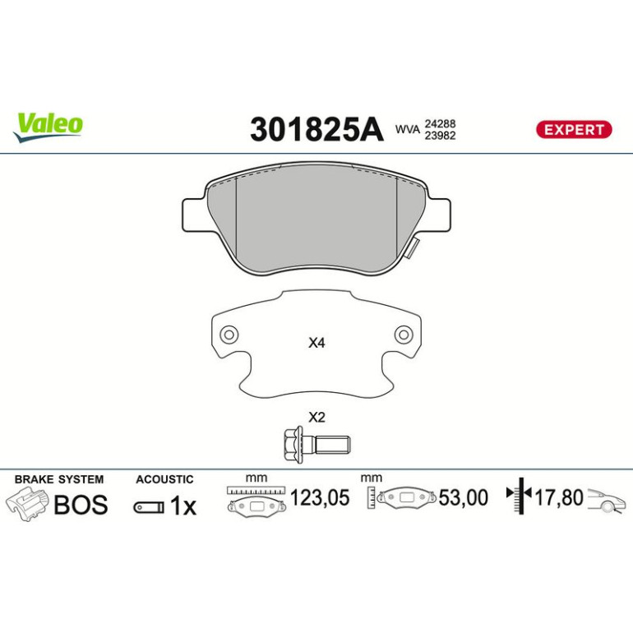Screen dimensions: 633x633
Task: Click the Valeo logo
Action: click(48, 127)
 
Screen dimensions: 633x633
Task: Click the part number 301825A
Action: click(316, 129)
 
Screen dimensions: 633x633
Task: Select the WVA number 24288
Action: click(440, 123)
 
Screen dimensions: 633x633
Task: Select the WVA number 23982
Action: click(440, 136)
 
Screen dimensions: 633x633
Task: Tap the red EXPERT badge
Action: click(574, 130)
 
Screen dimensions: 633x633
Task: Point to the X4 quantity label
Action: click(316, 343)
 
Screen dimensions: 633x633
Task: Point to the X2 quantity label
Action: click(316, 417)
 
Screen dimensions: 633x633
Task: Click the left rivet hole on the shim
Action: click(229, 335)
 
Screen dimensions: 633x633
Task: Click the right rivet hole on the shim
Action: click(404, 335)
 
